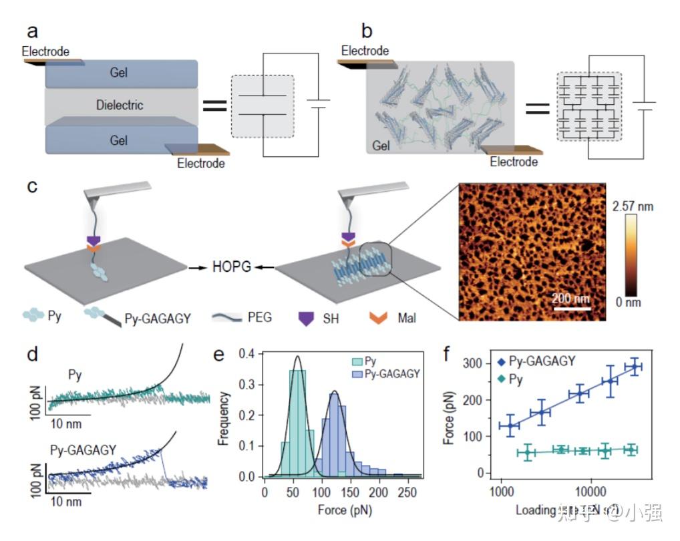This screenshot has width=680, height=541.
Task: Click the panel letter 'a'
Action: point(32,31)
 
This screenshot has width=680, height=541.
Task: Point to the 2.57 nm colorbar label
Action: point(631,207)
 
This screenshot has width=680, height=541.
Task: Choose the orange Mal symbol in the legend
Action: point(377,318)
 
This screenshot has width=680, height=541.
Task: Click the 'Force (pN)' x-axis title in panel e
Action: point(343,510)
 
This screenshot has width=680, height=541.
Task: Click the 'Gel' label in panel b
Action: point(381,145)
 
